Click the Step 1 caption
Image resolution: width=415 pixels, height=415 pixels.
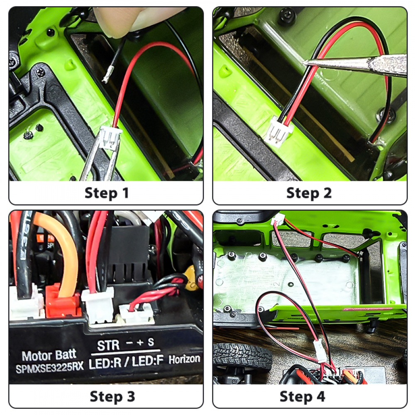[107, 193]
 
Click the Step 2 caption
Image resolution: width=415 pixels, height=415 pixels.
[309, 193]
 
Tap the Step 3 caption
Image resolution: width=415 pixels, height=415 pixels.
[112, 396]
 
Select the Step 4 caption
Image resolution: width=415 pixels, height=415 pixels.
[302, 396]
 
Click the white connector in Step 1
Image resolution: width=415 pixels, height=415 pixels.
[111, 139]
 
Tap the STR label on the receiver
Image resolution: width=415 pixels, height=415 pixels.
[108, 345]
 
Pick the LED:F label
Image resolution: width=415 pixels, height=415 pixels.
[147, 361]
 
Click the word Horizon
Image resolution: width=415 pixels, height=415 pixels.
[185, 359]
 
